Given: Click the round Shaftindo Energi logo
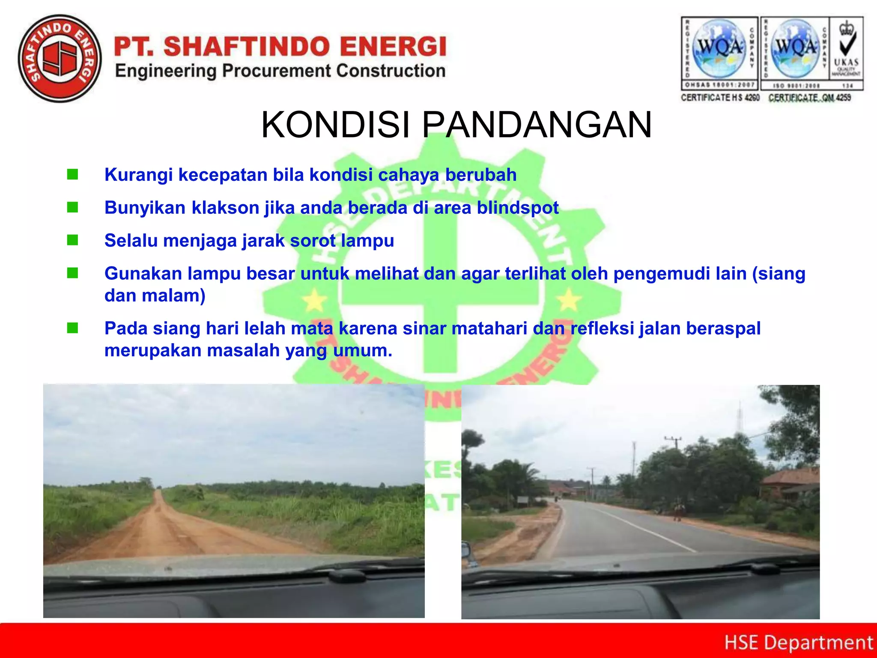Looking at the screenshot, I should [x=60, y=59].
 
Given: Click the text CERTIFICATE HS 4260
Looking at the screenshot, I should [x=720, y=98].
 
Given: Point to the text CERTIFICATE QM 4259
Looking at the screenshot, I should [x=809, y=98].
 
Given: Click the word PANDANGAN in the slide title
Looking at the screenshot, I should [x=537, y=125].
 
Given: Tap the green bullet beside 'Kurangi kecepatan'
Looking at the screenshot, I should [x=73, y=175].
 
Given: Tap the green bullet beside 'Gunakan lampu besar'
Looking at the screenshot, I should [x=73, y=273].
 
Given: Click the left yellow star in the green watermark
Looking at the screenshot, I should [x=315, y=300].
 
